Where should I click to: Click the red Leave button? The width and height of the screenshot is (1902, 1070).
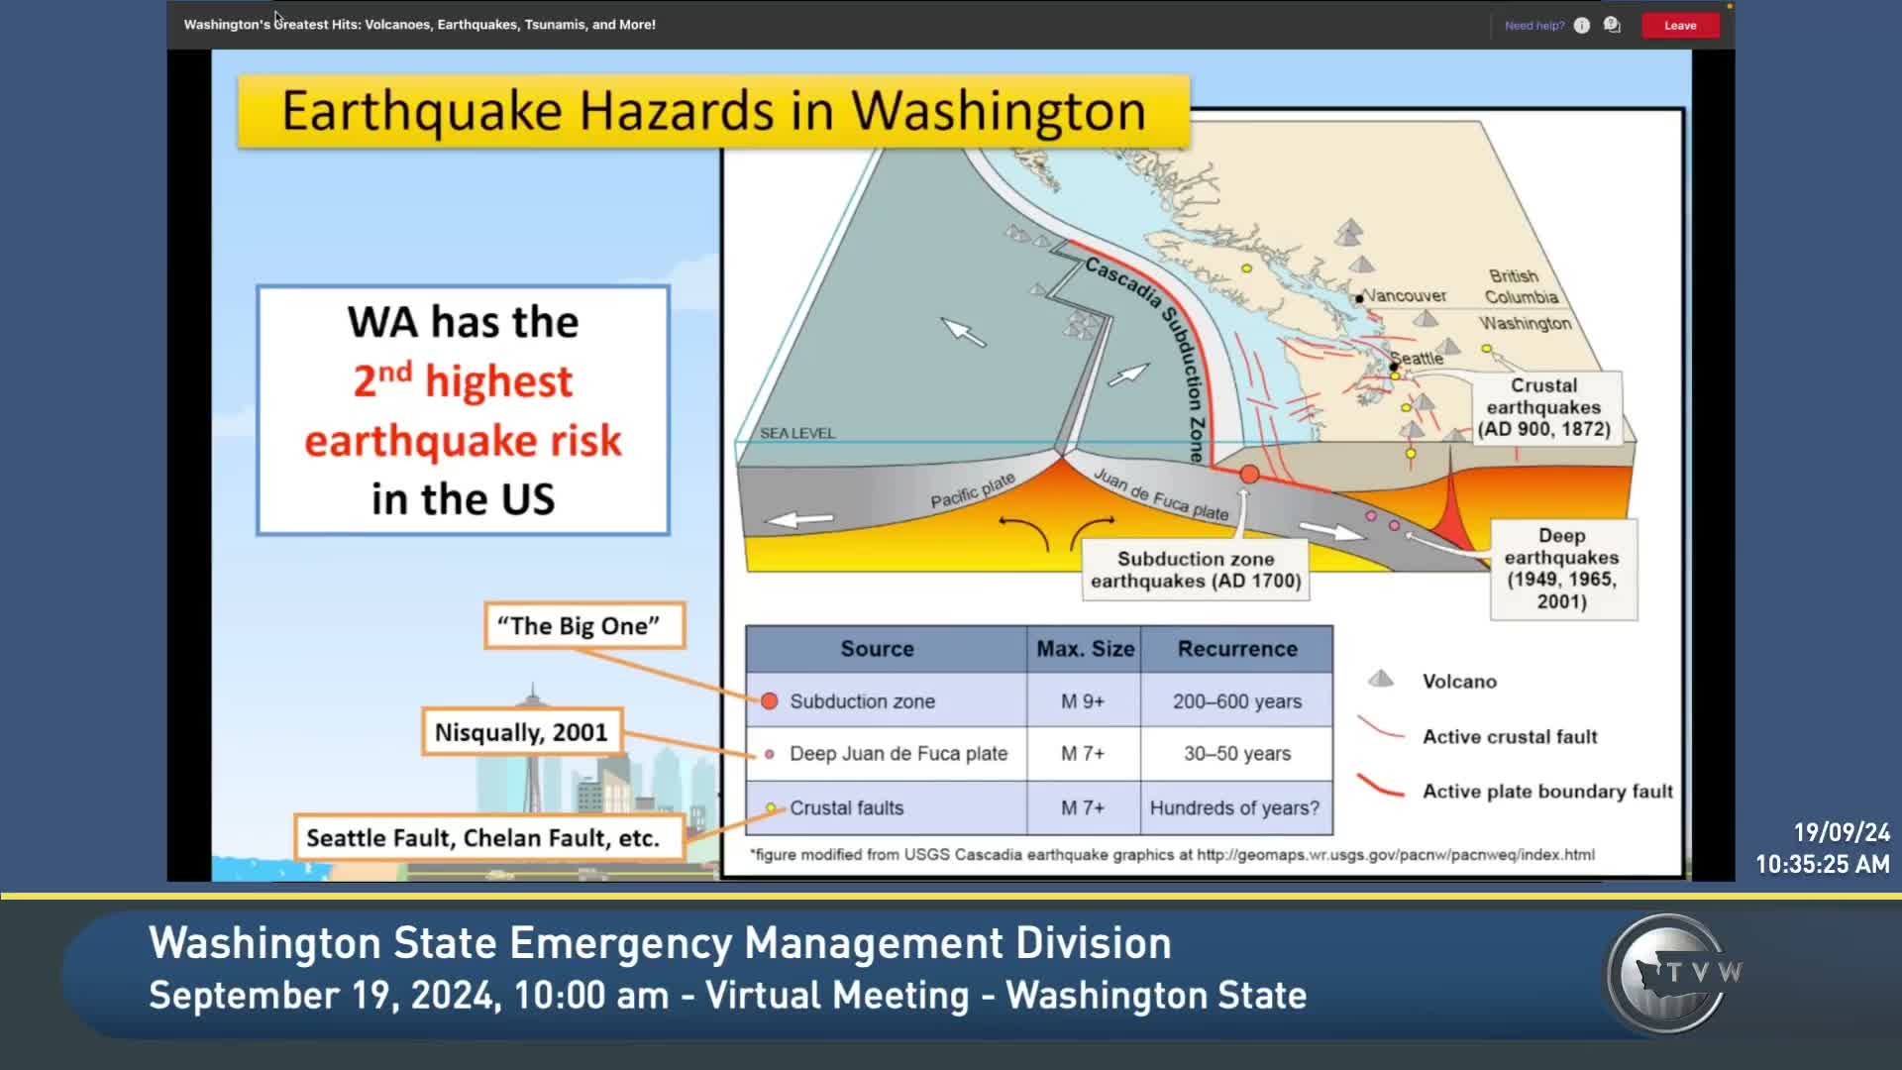tap(1680, 26)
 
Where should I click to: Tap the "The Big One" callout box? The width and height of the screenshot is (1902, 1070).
tap(584, 626)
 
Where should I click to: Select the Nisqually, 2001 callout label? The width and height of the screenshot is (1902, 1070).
tap(522, 732)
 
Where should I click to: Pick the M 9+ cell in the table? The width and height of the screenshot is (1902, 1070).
tap(1083, 701)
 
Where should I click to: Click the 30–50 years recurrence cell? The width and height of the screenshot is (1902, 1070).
tap(1237, 754)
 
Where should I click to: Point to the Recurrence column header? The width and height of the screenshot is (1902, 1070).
tap(1237, 649)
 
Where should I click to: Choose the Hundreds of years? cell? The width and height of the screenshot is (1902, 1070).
tap(1235, 808)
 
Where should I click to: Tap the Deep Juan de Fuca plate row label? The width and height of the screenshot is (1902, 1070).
tap(898, 754)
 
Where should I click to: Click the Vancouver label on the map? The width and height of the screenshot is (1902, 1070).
tap(1406, 295)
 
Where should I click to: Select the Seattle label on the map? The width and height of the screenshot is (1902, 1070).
tap(1417, 358)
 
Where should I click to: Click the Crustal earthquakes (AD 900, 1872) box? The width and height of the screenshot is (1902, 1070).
tap(1543, 407)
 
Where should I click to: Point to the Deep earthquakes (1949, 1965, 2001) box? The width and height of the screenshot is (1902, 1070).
tap(1562, 569)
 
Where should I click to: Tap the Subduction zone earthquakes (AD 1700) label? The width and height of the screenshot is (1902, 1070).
tap(1196, 570)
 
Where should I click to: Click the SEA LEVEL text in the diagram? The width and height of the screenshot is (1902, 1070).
tap(797, 433)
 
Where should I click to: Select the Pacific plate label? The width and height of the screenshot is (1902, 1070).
tap(973, 490)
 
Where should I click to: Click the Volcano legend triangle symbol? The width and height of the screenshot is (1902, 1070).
tap(1381, 679)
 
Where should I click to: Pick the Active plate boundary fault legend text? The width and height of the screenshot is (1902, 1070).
tap(1547, 792)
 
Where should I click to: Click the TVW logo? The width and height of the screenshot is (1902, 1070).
tap(1672, 974)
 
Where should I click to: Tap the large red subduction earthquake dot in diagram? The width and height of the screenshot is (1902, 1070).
tap(1250, 475)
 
